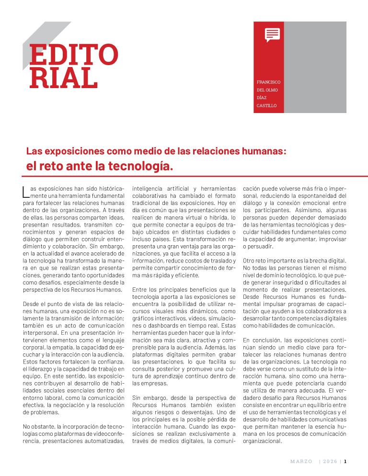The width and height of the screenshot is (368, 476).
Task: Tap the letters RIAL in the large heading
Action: [x=63, y=78]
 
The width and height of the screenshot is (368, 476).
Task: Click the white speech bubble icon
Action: [x=272, y=34]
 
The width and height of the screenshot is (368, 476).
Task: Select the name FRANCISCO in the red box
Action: [x=268, y=82]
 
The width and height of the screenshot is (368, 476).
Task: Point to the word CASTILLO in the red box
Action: [x=267, y=105]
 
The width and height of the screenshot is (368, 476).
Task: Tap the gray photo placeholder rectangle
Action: [x=315, y=67]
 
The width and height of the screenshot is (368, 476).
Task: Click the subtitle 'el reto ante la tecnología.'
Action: [x=99, y=167]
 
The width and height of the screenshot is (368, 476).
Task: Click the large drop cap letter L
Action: [x=25, y=192]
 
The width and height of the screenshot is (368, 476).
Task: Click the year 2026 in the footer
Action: [x=330, y=462]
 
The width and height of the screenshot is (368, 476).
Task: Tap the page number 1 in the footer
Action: [x=345, y=462]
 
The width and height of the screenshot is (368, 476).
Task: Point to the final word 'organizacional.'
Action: [x=263, y=442]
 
